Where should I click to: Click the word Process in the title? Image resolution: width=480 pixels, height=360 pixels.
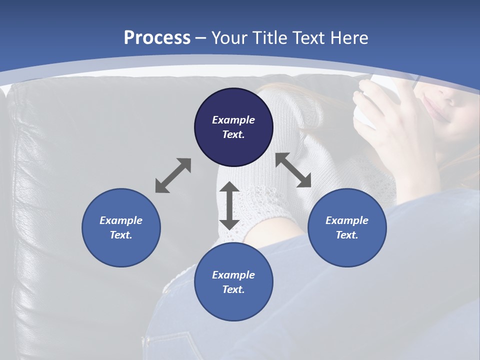click(x=157, y=38)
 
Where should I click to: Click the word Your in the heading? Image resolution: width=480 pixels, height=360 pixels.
click(x=230, y=38)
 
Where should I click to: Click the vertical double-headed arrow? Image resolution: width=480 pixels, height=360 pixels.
click(x=229, y=206)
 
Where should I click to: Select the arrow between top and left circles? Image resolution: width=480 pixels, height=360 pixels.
click(x=173, y=175)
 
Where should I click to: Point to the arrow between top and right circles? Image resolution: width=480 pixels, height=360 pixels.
click(x=293, y=170)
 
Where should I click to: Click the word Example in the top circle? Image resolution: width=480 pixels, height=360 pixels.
click(x=233, y=120)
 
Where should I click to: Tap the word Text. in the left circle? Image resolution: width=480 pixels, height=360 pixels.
click(x=121, y=235)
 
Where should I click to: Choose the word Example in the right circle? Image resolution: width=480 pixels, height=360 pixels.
click(x=347, y=220)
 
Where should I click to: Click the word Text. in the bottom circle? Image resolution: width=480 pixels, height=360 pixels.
click(x=233, y=289)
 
